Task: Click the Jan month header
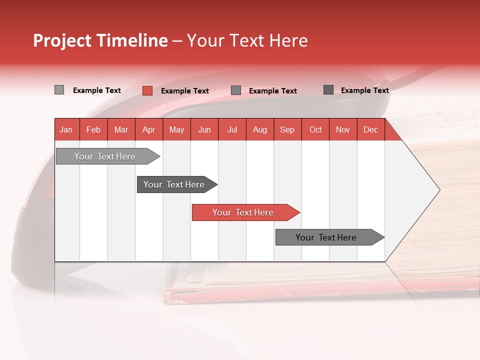click(x=66, y=129)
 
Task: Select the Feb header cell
click(x=93, y=129)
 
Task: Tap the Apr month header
click(x=149, y=129)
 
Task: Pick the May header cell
click(x=176, y=129)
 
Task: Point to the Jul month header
click(x=232, y=129)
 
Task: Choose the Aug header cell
click(x=260, y=129)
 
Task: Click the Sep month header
click(x=287, y=129)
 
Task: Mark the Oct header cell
click(x=315, y=129)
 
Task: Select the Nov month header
click(x=343, y=129)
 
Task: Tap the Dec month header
click(x=371, y=129)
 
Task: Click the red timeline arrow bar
click(x=243, y=212)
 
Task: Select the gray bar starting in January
click(x=105, y=156)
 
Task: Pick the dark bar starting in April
click(x=174, y=184)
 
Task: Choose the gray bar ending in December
click(x=326, y=237)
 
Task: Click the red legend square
click(x=147, y=90)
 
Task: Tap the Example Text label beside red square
click(x=184, y=91)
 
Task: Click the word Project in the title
click(x=62, y=40)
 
